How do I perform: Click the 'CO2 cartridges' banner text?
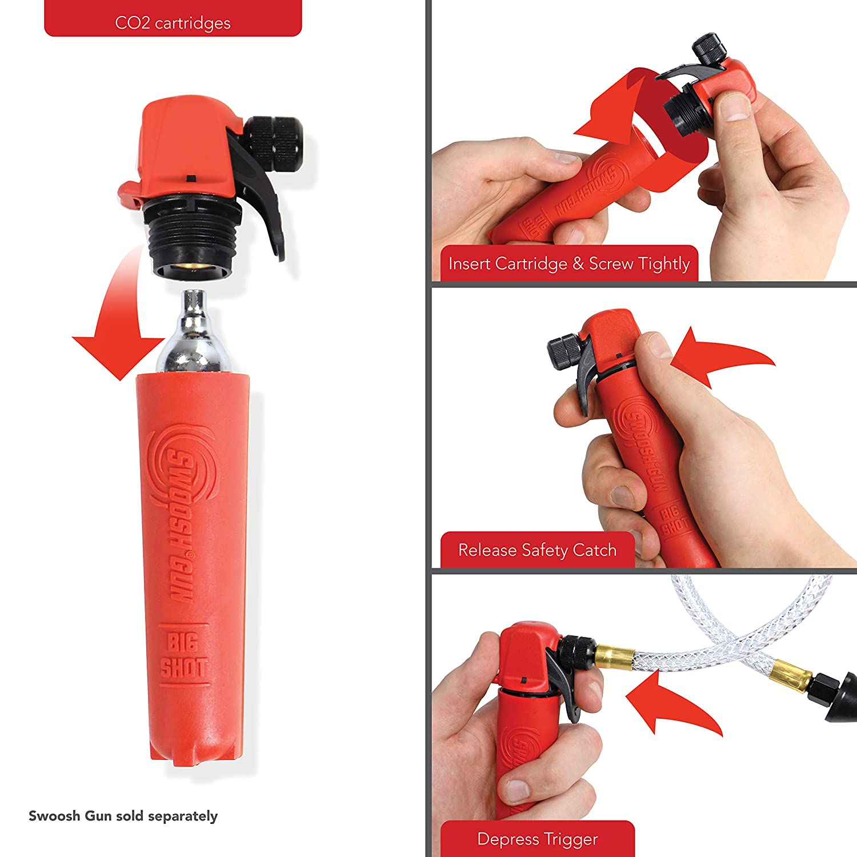pyautogui.click(x=173, y=23)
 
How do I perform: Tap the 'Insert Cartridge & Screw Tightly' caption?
pyautogui.click(x=569, y=263)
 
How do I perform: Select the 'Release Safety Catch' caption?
pyautogui.click(x=537, y=550)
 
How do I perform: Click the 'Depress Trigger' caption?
pyautogui.click(x=537, y=839)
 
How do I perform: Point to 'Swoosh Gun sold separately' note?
pyautogui.click(x=123, y=816)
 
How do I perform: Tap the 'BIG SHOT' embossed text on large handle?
pyautogui.click(x=183, y=655)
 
